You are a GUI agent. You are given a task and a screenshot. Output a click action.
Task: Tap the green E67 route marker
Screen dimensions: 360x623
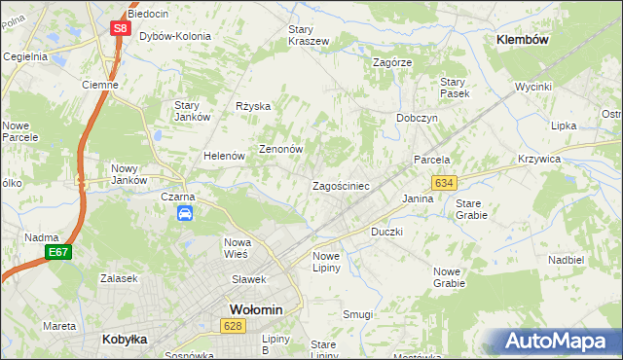(58, 253)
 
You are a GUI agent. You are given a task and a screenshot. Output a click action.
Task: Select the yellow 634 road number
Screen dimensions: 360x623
(445, 183)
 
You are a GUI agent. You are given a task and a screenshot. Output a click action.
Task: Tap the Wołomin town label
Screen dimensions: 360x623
(255, 309)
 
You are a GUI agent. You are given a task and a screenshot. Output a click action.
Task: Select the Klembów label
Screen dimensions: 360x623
(524, 40)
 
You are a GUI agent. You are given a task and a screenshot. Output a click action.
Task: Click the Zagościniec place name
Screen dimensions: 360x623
(341, 185)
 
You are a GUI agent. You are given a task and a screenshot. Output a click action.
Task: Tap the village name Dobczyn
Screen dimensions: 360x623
(417, 118)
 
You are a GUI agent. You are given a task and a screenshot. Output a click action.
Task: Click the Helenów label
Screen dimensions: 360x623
(223, 156)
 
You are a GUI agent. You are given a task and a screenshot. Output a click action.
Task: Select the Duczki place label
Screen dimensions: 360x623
(386, 233)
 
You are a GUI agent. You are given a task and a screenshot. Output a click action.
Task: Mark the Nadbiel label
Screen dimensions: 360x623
(566, 260)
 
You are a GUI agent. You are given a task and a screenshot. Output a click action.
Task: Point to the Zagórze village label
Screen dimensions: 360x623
(393, 61)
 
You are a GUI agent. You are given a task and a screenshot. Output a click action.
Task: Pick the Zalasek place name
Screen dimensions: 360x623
(118, 277)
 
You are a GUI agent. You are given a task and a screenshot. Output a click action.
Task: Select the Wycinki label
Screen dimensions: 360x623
(533, 87)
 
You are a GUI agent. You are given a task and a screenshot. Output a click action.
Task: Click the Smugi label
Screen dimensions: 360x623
(357, 314)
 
